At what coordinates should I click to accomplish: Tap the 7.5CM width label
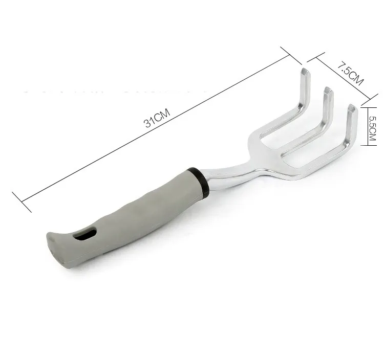(350, 74)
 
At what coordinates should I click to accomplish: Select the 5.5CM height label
(373, 124)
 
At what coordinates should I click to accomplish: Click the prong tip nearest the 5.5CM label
(352, 108)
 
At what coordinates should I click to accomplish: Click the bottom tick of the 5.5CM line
(365, 145)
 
